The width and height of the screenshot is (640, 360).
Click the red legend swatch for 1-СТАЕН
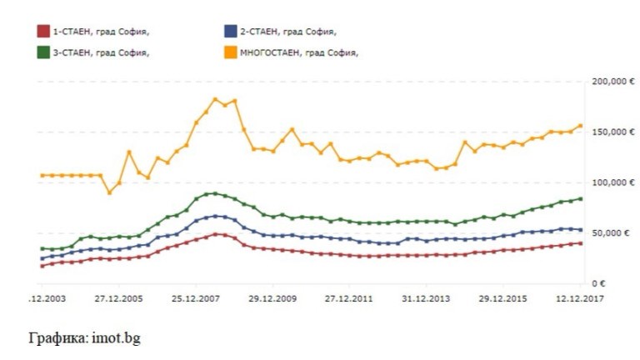(43, 32)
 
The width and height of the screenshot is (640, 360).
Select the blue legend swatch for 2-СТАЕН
(230, 32)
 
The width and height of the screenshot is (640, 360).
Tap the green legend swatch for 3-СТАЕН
(43, 52)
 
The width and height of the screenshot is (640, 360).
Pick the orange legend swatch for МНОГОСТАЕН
(230, 52)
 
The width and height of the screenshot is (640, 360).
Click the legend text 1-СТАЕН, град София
(101, 32)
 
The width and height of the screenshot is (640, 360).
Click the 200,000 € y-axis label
(608, 82)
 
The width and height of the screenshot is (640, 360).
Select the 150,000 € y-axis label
(608, 132)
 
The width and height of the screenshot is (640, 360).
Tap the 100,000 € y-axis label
(608, 182)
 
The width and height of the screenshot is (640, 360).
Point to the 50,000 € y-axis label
(611, 233)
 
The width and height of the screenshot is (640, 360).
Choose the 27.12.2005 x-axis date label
(118, 297)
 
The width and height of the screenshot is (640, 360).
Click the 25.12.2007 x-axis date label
(197, 297)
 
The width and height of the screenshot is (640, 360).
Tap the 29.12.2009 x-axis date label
(274, 297)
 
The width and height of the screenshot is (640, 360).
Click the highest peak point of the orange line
(215, 99)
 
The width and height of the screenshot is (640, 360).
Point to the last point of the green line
(580, 198)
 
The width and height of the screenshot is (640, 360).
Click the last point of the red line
(580, 242)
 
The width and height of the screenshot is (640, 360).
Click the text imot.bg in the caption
(107, 339)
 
